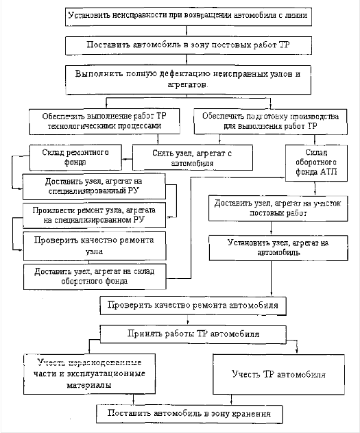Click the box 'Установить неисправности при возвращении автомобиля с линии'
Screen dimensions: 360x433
[x=189, y=17]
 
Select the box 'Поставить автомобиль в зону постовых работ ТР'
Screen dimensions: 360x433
[x=189, y=45]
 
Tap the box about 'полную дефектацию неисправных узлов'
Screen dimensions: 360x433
[x=188, y=79]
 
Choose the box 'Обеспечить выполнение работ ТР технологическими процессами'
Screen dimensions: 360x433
[x=104, y=121]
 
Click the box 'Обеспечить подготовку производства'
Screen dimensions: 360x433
[x=270, y=121]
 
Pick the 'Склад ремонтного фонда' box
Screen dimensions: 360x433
[x=75, y=158]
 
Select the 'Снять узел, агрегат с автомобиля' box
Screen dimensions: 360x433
[x=193, y=158]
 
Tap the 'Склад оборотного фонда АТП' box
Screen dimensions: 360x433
[x=316, y=163]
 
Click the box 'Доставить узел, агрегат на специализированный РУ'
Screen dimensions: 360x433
[x=94, y=186]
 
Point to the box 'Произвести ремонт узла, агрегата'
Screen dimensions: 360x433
[x=94, y=215]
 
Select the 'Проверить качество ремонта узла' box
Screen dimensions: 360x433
[x=95, y=246]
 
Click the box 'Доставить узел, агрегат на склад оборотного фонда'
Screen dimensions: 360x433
[x=95, y=277]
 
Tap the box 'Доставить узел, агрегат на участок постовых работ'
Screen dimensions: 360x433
[x=278, y=208]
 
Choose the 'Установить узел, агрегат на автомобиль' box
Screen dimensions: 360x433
[x=278, y=248]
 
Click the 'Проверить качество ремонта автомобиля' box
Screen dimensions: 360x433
[x=193, y=306]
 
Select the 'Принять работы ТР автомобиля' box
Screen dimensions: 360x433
[x=193, y=334]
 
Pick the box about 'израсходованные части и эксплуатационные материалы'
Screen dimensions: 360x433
[x=89, y=374]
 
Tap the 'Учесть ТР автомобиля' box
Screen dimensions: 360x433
[x=279, y=374]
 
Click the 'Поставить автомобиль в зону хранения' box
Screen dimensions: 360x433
[x=189, y=414]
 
